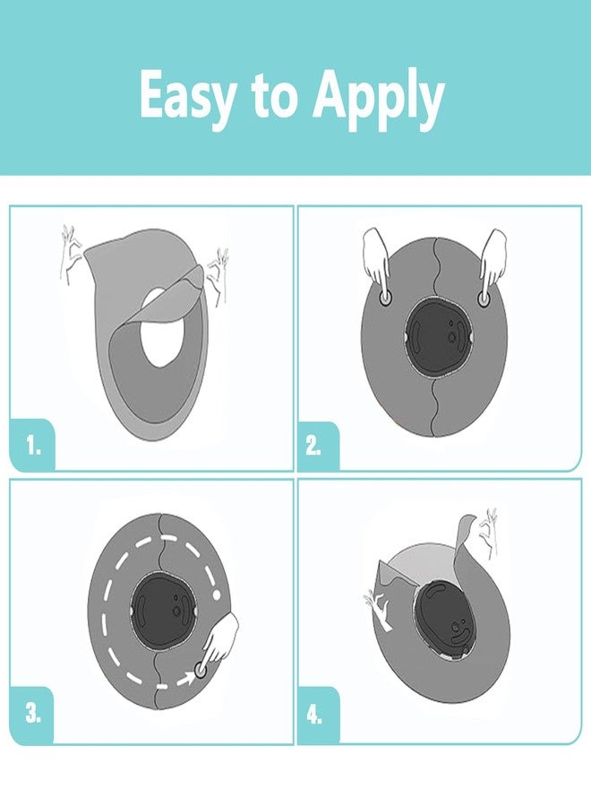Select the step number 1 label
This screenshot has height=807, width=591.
33,446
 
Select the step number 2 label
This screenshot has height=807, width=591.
313,446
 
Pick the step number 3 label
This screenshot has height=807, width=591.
33,714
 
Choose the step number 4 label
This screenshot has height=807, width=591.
314,716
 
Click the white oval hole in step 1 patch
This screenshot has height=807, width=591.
162,327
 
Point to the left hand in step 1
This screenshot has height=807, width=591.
71,252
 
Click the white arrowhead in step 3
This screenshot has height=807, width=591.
190,680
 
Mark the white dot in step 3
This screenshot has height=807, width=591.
217,595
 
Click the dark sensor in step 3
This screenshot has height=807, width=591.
162,611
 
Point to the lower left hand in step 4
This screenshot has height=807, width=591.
381,610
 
